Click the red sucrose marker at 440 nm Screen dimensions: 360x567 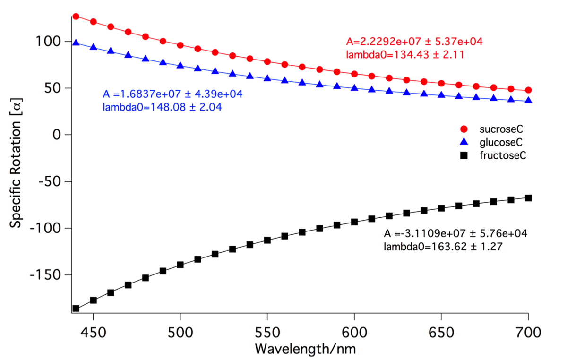coord(76,17)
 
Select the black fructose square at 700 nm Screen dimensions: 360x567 coord(528,198)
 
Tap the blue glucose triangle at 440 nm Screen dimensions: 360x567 coord(76,43)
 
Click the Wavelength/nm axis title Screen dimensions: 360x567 coord(305,349)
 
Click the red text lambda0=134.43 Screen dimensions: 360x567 coord(404,55)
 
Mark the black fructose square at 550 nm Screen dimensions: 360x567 coord(267,240)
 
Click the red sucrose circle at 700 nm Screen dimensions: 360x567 coord(528,90)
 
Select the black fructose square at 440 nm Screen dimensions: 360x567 coord(76,309)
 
